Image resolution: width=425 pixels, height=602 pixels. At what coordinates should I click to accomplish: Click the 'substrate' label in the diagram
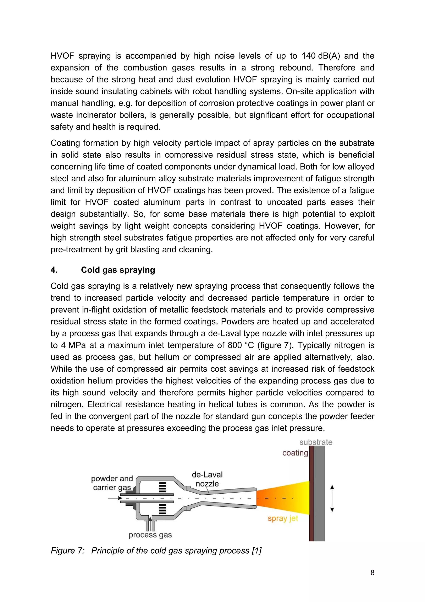pyautogui.click(x=316, y=442)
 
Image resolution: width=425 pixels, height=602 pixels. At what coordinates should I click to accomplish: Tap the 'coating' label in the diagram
pyautogui.click(x=295, y=453)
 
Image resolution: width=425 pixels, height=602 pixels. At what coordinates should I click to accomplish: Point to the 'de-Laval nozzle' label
pyautogui.click(x=207, y=479)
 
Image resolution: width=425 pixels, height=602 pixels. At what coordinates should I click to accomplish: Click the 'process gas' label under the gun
pyautogui.click(x=150, y=535)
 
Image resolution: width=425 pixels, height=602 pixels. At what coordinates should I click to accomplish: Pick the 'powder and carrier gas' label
pyautogui.click(x=112, y=483)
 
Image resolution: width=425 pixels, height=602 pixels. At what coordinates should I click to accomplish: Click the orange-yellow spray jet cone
pyautogui.click(x=283, y=498)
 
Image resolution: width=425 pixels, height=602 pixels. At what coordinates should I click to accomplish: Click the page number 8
pyautogui.click(x=372, y=573)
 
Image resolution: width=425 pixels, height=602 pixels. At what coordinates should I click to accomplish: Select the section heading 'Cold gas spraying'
pyautogui.click(x=118, y=270)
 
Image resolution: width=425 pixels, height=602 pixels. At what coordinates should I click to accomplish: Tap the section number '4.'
pyautogui.click(x=54, y=270)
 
